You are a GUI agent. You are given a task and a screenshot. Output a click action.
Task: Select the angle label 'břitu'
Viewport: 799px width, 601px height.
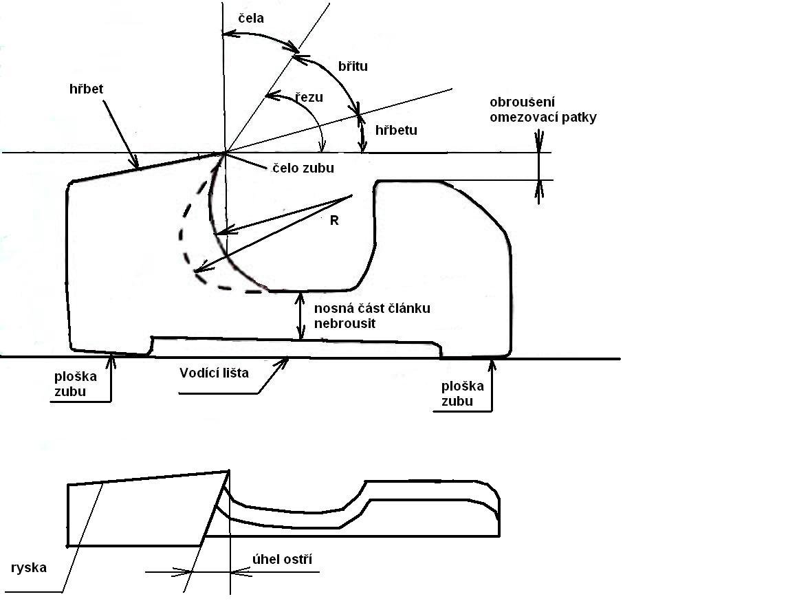(x=353, y=66)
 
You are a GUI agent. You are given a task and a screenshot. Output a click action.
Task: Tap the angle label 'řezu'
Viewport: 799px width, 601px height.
(x=309, y=98)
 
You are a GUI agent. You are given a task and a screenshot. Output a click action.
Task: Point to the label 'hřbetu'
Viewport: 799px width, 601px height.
(x=397, y=129)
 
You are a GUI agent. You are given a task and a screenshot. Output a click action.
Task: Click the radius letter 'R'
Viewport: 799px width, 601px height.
(x=335, y=221)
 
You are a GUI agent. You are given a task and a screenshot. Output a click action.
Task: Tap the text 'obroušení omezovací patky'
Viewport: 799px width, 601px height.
(x=543, y=110)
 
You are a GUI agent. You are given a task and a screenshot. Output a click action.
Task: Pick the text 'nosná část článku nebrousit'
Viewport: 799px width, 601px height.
(x=371, y=315)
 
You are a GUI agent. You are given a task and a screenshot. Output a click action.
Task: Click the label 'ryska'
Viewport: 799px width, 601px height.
(x=30, y=568)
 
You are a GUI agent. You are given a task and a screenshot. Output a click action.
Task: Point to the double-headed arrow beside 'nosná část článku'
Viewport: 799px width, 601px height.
(x=300, y=316)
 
